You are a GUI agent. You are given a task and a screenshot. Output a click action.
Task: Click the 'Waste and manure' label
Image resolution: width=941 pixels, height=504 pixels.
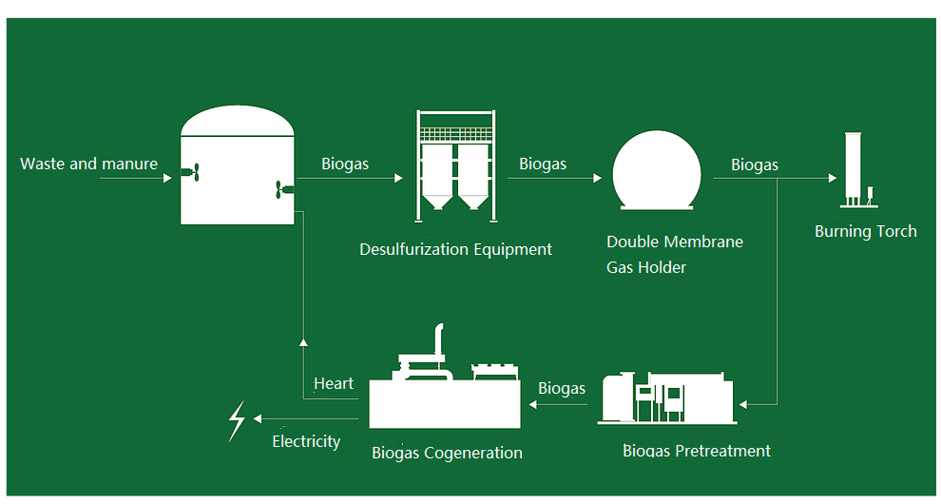pos(88,164)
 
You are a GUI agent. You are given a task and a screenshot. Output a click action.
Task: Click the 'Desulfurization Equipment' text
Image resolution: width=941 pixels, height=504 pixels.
pos(455,249)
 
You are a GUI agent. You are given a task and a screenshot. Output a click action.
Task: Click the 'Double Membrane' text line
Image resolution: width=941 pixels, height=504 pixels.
pos(675,242)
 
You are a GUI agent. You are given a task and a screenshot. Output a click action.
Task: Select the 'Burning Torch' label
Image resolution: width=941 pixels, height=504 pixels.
pos(865,231)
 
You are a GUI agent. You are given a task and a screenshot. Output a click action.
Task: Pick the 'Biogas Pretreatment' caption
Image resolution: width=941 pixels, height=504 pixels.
pos(696,451)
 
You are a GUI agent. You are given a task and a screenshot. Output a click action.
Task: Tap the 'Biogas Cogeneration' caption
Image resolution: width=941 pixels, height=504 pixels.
pos(447,453)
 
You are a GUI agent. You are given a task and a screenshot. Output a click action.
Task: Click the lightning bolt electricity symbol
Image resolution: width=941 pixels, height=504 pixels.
pos(237,420)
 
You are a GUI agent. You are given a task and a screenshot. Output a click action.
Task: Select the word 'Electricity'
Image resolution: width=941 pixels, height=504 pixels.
pos(306,441)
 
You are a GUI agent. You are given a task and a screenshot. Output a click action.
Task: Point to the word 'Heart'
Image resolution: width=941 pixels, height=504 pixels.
pos(333,383)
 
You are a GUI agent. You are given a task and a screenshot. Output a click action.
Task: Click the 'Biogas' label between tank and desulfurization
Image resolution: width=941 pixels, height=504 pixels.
pos(345,164)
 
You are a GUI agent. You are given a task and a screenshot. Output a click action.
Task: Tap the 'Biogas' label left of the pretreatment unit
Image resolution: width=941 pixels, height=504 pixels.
pos(562,388)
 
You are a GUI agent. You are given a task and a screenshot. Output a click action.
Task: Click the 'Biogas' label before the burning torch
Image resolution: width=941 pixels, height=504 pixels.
pos(755,165)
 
